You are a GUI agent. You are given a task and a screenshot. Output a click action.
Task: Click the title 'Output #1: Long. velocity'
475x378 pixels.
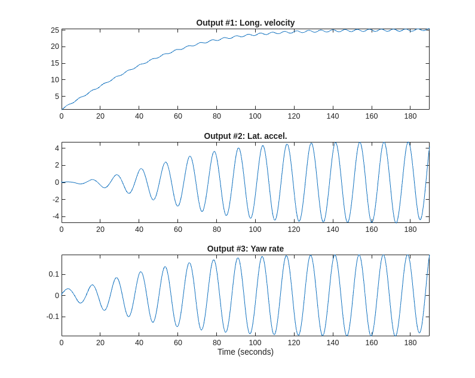[x=245, y=23]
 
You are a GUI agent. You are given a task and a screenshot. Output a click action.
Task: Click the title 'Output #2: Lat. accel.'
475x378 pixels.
[x=245, y=136]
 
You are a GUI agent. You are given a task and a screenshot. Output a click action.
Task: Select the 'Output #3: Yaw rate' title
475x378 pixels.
[x=245, y=249]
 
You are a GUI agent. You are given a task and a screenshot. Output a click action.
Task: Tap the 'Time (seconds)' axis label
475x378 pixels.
[x=245, y=352]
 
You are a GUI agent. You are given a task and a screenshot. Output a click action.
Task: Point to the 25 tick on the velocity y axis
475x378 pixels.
[x=54, y=30]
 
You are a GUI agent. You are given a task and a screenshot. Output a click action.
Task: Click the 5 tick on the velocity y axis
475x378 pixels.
[x=56, y=96]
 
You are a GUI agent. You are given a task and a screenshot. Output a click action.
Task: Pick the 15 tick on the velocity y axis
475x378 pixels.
[x=54, y=63]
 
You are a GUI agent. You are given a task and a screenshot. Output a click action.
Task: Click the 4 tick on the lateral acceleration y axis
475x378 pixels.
[x=56, y=148]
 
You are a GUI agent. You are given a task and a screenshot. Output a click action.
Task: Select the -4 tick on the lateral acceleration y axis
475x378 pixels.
[x=55, y=216]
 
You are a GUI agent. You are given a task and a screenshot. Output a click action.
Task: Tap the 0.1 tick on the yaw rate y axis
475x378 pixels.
[x=53, y=274]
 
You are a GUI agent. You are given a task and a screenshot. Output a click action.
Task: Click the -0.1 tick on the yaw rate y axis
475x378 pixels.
[x=52, y=316]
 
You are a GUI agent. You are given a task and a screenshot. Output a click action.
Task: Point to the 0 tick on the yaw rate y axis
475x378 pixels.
[x=56, y=295]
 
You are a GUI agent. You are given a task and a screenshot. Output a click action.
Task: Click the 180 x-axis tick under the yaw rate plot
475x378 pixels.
[x=410, y=343]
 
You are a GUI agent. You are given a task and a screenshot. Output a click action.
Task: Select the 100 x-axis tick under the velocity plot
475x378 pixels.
[x=255, y=116]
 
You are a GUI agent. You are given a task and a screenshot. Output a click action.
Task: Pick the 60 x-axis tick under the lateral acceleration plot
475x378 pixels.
[x=178, y=230]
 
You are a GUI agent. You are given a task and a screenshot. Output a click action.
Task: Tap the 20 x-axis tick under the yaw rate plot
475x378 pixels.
[x=100, y=343]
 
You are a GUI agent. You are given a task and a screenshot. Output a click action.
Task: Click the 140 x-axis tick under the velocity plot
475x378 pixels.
[x=333, y=116]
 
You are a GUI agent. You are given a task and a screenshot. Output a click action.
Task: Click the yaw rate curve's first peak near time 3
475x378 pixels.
[x=68, y=289]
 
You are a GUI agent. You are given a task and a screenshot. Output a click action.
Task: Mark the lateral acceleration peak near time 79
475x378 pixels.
[x=214, y=151]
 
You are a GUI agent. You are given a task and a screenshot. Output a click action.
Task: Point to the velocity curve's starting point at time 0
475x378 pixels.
[x=62, y=109]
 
